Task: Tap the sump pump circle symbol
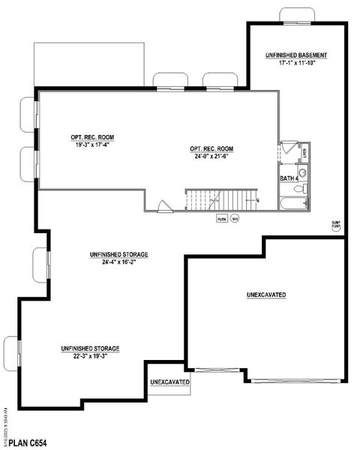[335, 224]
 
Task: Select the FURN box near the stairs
[221, 218]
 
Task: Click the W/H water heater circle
[235, 218]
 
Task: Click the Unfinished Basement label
[296, 56]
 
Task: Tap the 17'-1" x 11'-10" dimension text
[296, 64]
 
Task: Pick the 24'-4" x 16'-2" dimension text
[119, 263]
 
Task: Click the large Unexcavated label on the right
[266, 295]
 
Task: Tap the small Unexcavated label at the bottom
[169, 382]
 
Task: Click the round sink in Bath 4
[302, 172]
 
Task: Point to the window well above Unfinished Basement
[297, 15]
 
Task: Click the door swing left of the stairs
[164, 205]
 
